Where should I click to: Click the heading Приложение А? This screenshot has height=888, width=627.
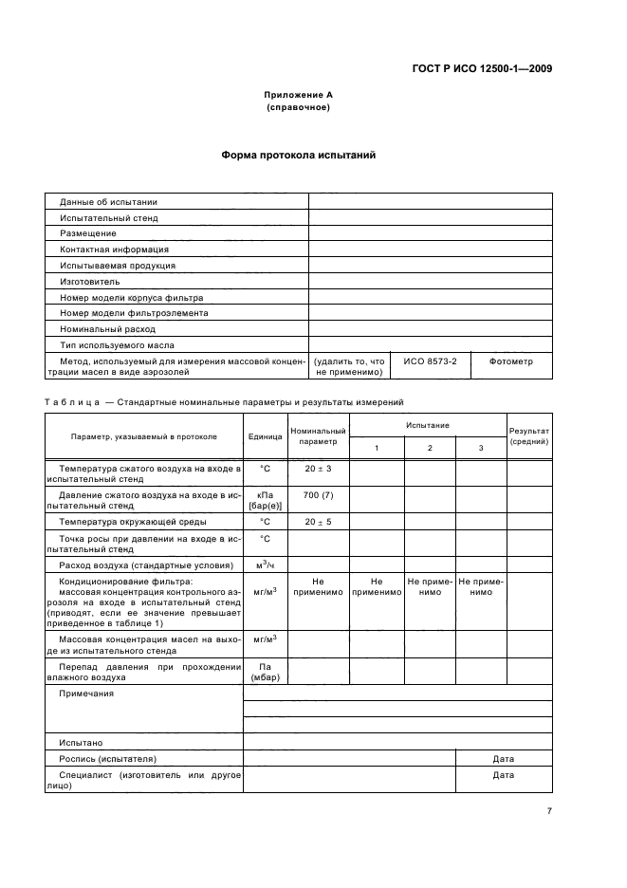point(299,95)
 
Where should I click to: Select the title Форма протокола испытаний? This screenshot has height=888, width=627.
point(299,155)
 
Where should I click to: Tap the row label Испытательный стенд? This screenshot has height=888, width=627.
point(109,217)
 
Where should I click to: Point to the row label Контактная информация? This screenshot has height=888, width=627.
point(114,250)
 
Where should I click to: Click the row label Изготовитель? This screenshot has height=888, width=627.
point(90,282)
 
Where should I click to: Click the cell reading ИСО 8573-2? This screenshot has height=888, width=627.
point(430,361)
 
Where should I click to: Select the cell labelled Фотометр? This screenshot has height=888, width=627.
point(510,361)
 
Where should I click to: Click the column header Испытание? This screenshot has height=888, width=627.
point(428,425)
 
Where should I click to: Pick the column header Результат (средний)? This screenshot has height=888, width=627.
point(529,436)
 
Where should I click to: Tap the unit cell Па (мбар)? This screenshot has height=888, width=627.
point(266,672)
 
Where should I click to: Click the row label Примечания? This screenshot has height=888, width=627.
point(86,694)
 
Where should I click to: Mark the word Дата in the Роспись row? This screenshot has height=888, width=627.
point(503,759)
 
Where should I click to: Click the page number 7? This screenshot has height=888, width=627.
point(549,811)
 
